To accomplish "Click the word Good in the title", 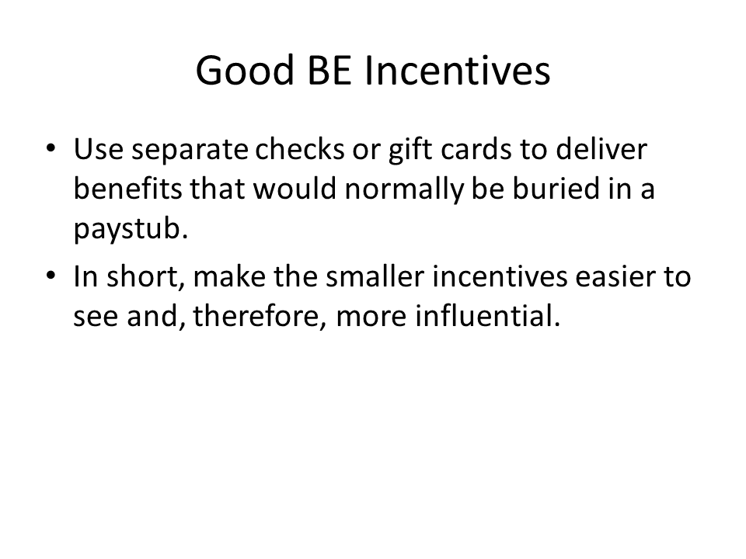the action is point(245,71).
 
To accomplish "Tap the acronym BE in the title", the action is point(329,71).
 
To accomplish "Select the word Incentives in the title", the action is point(458,71).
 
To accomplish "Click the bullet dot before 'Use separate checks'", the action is point(51,148).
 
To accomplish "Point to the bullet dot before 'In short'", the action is point(51,276).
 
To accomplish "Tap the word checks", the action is point(300,149).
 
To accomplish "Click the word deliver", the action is point(601,149).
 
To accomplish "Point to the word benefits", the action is point(127,188).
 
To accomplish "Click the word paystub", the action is point(131,230).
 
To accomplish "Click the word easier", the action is point(611,276).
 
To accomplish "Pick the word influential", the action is point(488,316).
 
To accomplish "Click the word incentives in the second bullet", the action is point(500,276).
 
